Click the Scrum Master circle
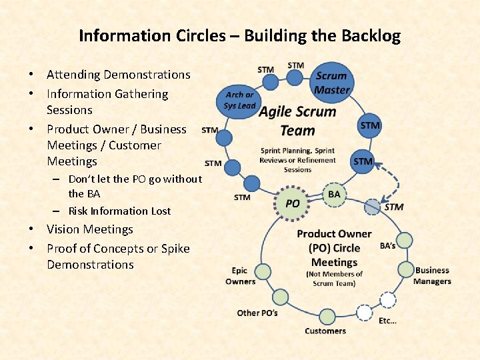tap(332, 83)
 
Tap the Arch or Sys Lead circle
tap(239, 100)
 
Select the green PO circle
tap(292, 203)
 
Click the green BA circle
tap(333, 194)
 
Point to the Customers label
tap(325, 331)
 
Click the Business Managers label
tap(432, 275)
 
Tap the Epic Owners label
tap(240, 276)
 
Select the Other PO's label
tap(257, 313)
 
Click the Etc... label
tap(387, 321)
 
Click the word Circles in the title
tap(183, 35)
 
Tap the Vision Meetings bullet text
tap(90, 229)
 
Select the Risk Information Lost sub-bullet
tap(119, 211)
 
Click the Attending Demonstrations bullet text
tap(118, 75)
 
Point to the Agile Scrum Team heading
tap(297, 120)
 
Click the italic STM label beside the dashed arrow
tap(393, 207)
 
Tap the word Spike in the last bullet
tap(175, 249)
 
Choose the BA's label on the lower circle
tap(387, 245)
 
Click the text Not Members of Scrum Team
tap(334, 279)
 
